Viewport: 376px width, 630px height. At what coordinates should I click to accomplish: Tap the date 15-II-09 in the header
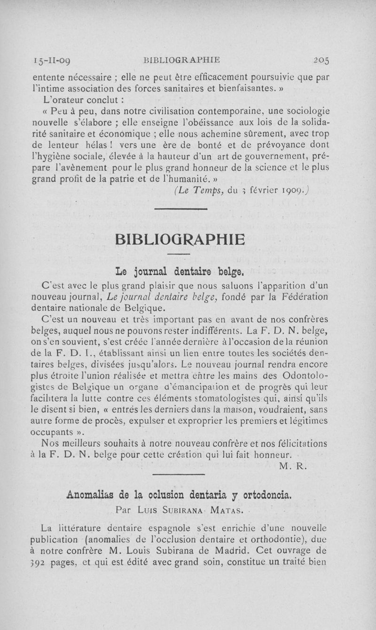(52, 60)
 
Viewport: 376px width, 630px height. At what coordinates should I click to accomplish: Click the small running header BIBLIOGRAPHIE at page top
(183, 60)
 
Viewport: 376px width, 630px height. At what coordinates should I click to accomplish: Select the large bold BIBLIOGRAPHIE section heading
(180, 239)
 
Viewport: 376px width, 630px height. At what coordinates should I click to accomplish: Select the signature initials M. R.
(292, 466)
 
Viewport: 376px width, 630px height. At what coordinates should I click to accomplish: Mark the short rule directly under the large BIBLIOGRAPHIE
(179, 254)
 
